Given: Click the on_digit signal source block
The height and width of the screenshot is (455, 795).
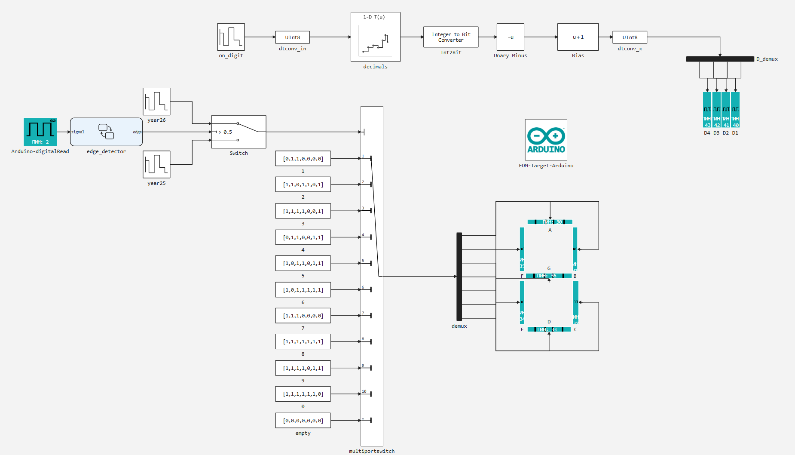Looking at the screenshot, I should click(x=231, y=37).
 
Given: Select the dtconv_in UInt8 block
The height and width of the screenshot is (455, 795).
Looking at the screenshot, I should click(x=292, y=37).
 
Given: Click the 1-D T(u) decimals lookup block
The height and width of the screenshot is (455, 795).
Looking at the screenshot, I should click(x=375, y=37).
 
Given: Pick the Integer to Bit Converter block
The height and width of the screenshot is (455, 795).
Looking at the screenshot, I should click(x=450, y=37).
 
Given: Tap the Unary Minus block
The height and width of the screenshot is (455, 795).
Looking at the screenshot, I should click(x=510, y=37).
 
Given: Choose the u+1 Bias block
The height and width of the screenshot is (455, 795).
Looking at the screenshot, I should click(x=578, y=37).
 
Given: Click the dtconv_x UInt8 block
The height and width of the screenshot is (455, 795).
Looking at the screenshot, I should click(x=630, y=37).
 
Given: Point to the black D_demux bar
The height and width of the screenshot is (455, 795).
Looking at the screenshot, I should click(x=720, y=59).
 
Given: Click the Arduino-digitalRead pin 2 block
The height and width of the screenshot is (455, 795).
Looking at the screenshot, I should click(x=40, y=132).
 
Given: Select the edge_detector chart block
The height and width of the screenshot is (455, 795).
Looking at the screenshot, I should click(x=106, y=132).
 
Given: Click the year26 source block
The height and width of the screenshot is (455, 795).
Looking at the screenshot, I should click(x=156, y=101).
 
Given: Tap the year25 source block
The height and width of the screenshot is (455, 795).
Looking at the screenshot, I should click(x=156, y=164).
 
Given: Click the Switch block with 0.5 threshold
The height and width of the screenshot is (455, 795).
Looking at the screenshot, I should click(x=238, y=132).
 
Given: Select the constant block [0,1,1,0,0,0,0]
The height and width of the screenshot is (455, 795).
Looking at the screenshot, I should click(x=303, y=158).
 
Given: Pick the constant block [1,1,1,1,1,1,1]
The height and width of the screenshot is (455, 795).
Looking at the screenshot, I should click(x=303, y=341).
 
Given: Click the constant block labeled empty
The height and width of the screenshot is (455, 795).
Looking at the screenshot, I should click(x=303, y=420).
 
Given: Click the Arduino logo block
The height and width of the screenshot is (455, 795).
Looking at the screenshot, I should click(x=546, y=140).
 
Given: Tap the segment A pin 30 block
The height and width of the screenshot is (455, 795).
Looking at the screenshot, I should click(x=550, y=222).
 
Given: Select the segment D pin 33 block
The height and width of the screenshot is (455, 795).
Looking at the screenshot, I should click(x=549, y=329).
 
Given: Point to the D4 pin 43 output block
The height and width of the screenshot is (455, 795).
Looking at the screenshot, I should click(x=707, y=110).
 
